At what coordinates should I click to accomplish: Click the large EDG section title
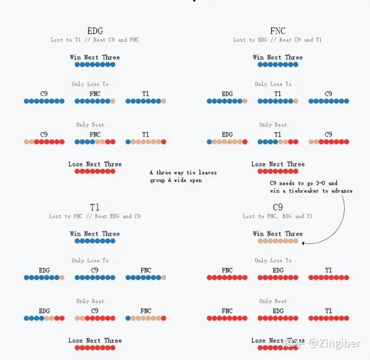[95, 30]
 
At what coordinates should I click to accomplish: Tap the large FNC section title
[277, 30]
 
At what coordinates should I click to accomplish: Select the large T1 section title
[95, 207]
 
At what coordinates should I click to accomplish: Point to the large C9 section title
[277, 207]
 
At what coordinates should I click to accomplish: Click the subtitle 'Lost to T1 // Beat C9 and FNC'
[95, 40]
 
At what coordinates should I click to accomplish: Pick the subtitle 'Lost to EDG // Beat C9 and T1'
[277, 40]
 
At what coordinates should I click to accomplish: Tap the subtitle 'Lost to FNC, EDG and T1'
[277, 216]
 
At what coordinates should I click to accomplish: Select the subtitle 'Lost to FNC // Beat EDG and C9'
[95, 216]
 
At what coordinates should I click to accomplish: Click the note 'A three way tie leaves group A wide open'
[183, 177]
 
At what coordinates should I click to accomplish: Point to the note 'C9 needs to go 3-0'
[311, 187]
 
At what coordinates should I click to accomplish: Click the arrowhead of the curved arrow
[305, 243]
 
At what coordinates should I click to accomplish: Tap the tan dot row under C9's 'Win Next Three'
[277, 241]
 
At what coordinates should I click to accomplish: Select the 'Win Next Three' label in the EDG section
[95, 57]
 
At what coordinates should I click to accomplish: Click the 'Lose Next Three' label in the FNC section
[277, 164]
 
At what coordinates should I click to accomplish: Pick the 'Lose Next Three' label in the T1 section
[95, 340]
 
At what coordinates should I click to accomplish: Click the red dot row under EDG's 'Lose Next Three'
[95, 171]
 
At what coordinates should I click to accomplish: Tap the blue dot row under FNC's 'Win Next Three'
[277, 64]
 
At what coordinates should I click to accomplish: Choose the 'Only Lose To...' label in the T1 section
[95, 261]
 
